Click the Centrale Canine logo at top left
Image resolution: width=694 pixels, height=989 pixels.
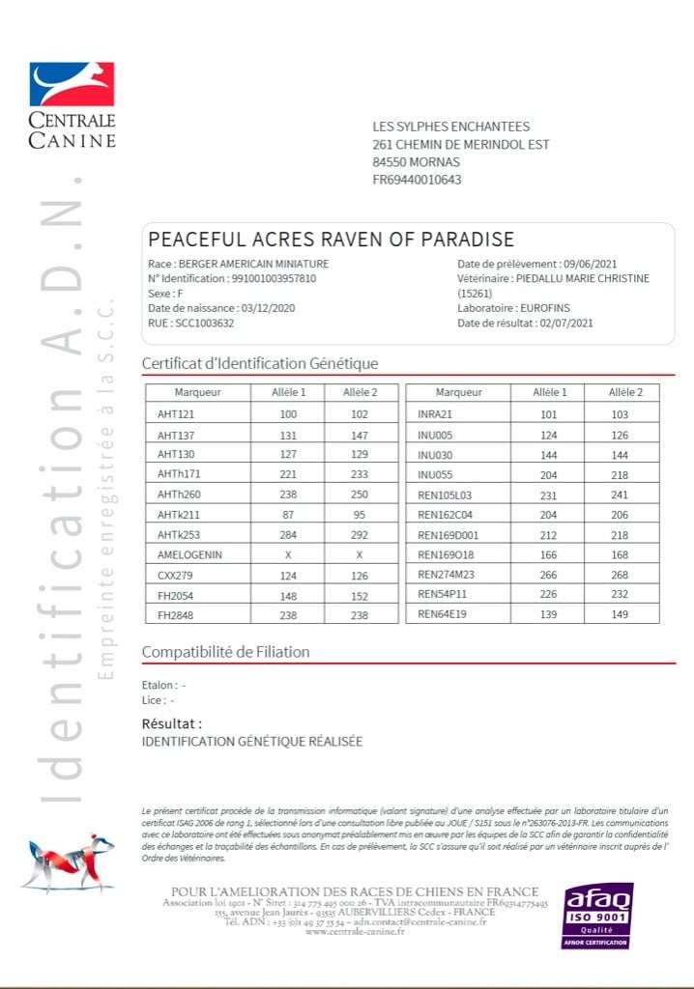72,105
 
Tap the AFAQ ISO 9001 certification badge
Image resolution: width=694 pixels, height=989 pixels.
597,914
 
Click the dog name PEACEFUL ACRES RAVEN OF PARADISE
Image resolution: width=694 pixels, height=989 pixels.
331,240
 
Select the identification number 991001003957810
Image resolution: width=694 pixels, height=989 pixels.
260,278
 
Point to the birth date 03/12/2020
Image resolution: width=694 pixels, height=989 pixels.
261,307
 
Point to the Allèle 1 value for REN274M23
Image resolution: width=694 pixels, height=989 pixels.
549,574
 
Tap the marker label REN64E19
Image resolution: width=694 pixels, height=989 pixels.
442,614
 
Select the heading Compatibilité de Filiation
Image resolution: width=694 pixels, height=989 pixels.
225,652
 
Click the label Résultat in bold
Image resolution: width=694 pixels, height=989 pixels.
172,722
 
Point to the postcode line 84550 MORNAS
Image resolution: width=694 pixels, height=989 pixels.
416,162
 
